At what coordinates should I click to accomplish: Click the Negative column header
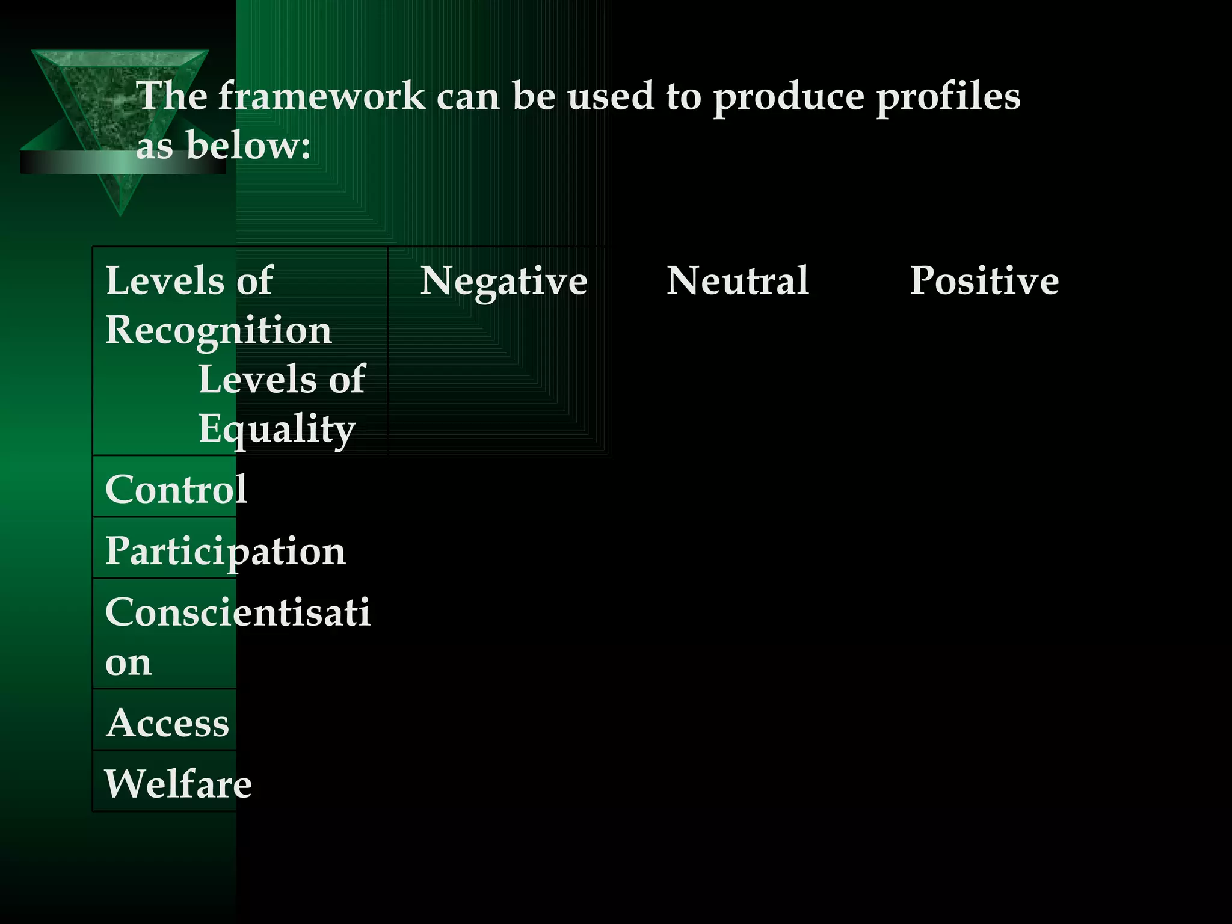point(504,282)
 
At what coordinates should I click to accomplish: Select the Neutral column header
point(738,282)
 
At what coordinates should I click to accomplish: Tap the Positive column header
point(984,282)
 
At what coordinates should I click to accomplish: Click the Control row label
point(176,488)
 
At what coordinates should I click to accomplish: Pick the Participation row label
point(226,551)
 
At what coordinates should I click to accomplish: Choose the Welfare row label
point(178,784)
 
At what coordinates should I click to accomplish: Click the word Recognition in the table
point(218,331)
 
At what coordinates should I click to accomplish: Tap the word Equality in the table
point(277,430)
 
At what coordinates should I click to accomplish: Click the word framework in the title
point(321,96)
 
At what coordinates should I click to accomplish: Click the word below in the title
point(247,146)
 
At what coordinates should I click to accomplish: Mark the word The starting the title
point(172,96)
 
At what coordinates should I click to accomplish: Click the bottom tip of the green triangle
point(120,213)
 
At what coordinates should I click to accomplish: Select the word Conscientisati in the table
point(238,612)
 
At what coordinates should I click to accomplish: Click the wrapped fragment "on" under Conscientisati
point(128,663)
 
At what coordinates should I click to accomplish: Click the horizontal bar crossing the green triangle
point(72,162)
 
